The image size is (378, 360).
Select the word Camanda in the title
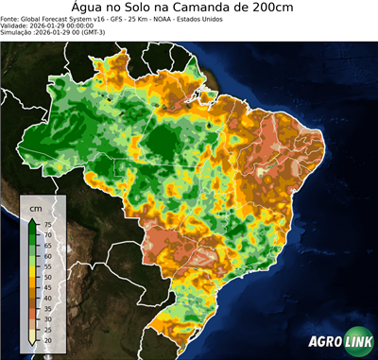coord(221,8)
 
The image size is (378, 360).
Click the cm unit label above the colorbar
coord(36,207)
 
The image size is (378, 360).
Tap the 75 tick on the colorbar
coord(47,224)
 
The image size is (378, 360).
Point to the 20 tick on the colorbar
coord(47,338)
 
